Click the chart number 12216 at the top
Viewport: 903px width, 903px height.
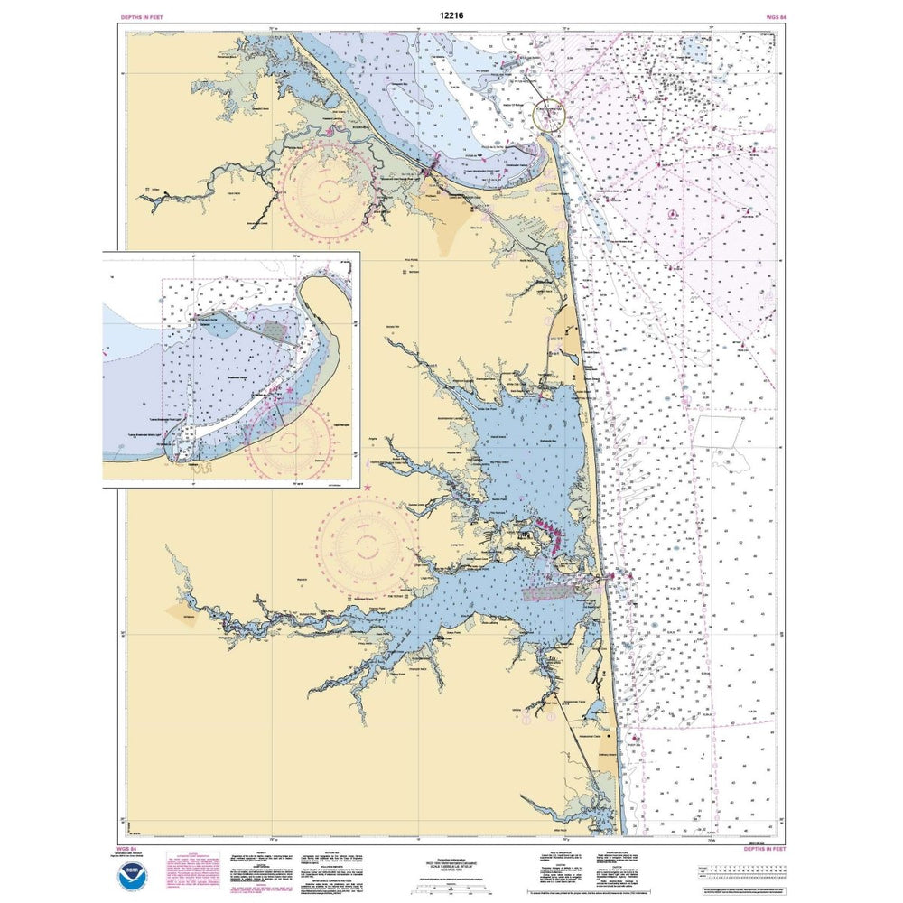452,15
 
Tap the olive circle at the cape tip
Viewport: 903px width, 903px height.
548,115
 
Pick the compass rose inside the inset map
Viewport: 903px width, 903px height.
292,443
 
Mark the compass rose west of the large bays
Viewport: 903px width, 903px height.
366,545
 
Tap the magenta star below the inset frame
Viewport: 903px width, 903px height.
368,489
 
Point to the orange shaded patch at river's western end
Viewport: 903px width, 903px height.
179,611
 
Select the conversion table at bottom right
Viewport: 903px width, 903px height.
735,870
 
